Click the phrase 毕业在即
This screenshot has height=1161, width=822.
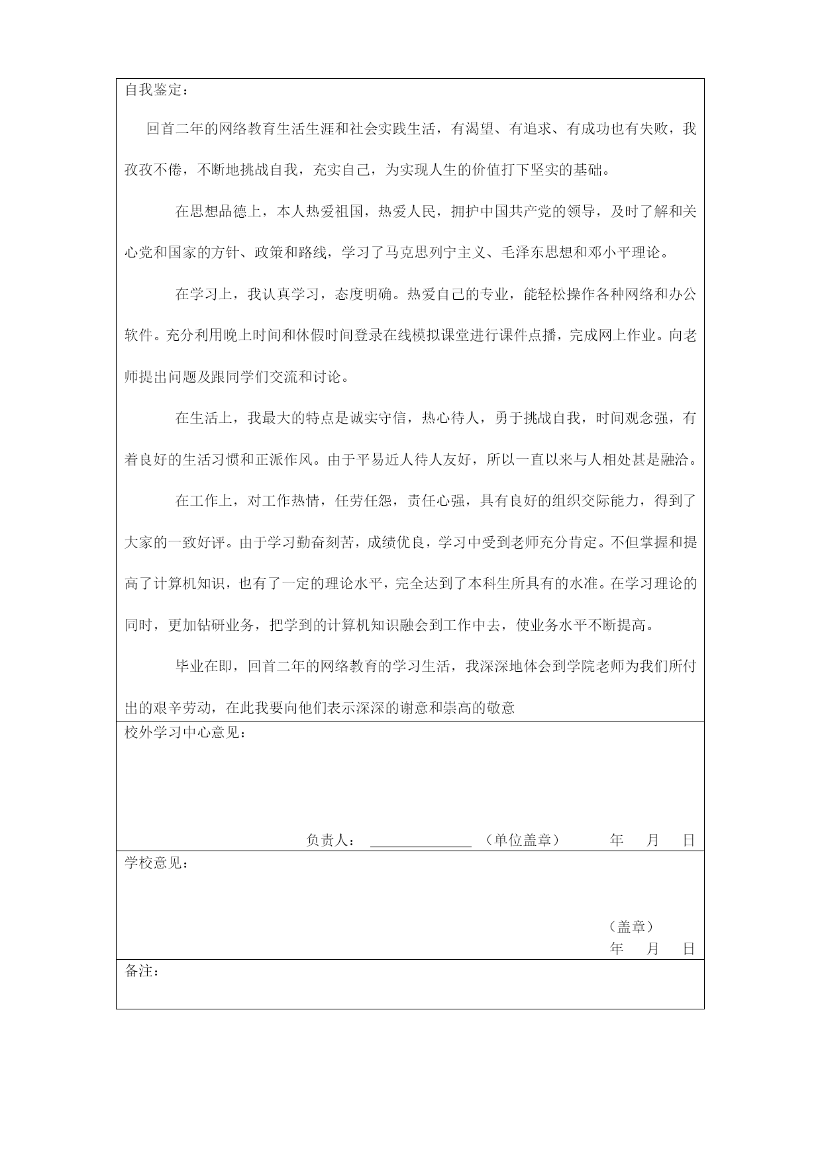(203, 667)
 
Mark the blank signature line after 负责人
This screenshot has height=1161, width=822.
(421, 842)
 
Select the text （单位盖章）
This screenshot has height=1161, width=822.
(523, 841)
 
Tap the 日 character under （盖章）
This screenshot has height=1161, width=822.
(689, 949)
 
